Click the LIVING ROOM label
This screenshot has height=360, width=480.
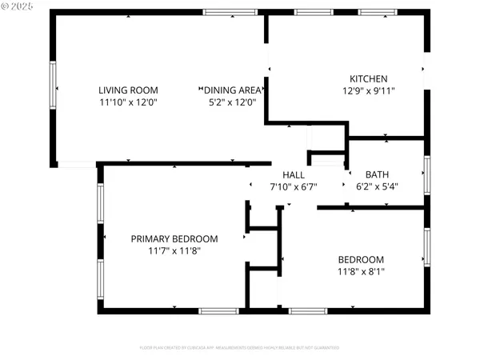[x=128, y=90]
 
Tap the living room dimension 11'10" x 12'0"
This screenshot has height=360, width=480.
[x=128, y=102]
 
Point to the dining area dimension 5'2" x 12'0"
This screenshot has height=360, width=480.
[x=232, y=102]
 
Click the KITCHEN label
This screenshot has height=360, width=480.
[x=369, y=78]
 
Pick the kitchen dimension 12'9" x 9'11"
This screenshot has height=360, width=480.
[x=369, y=90]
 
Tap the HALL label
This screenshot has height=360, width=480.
[x=294, y=174]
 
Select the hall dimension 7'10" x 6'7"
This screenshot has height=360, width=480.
[x=294, y=186]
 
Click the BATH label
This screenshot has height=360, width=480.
[x=377, y=174]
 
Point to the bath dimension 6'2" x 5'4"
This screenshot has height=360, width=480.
[x=377, y=186]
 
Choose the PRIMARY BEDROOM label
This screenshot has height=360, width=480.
[x=174, y=238]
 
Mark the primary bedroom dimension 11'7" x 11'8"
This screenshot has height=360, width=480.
[x=174, y=250]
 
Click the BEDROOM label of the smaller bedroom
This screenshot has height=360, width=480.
[x=361, y=259]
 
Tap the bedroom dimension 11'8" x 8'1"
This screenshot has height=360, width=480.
[x=361, y=271]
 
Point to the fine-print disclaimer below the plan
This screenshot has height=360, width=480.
[x=240, y=348]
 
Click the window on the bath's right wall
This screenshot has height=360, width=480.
[x=427, y=174]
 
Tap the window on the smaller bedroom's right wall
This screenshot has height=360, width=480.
[x=427, y=246]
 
